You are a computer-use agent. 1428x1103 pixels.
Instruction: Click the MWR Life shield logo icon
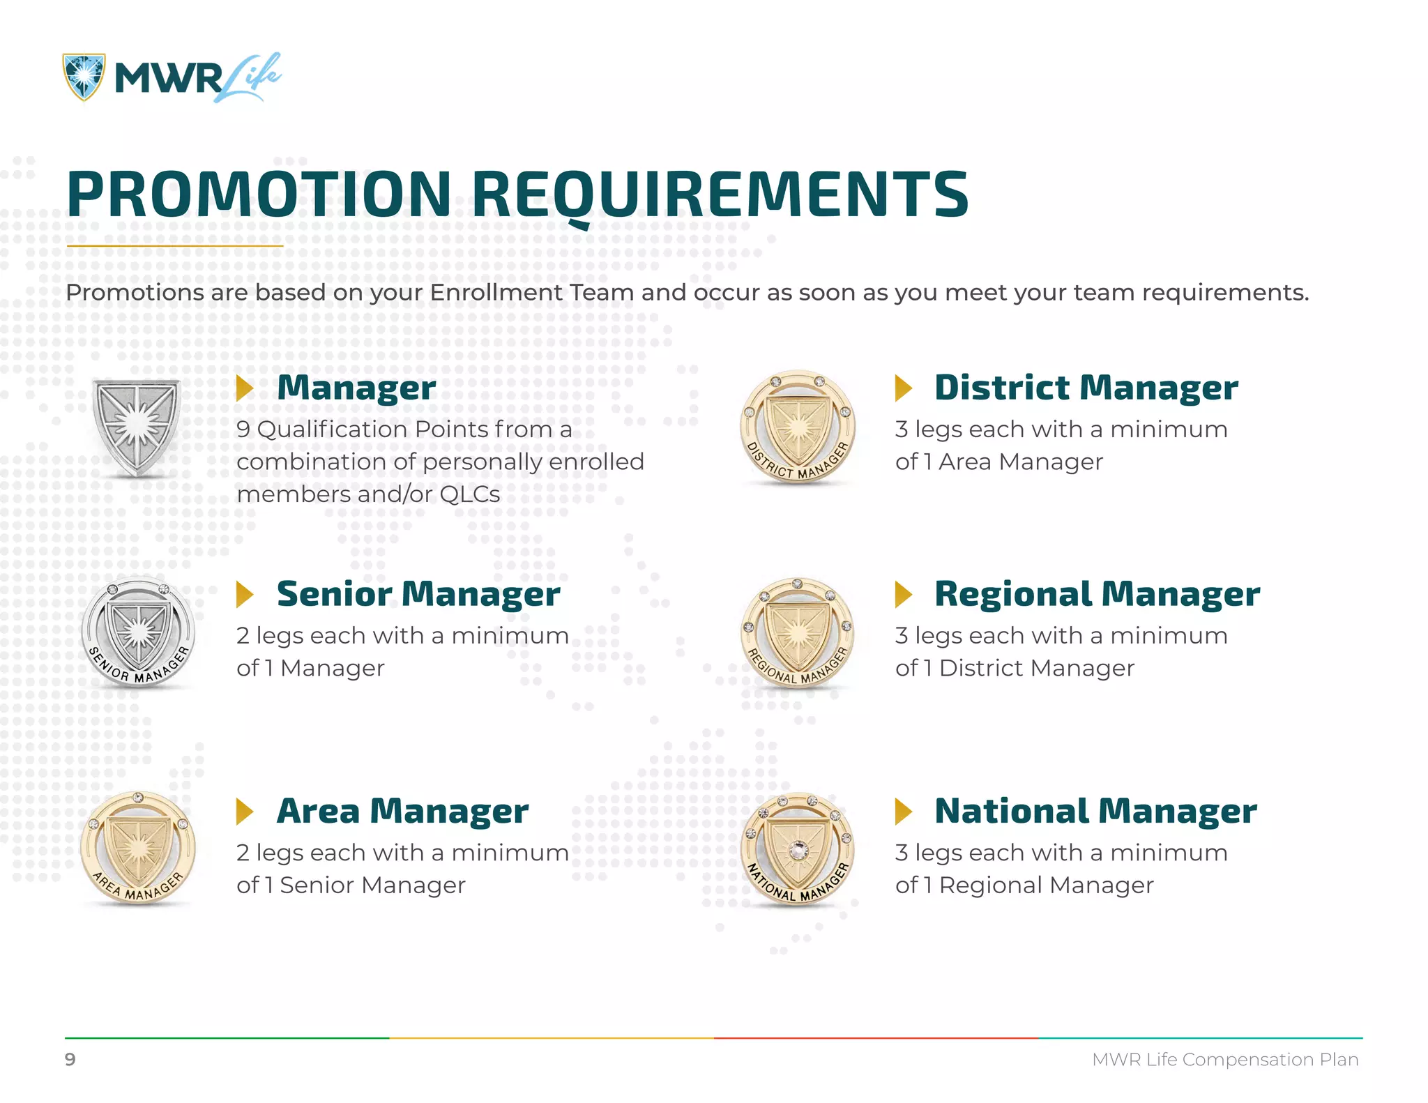click(x=84, y=77)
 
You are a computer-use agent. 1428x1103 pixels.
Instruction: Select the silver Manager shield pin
click(x=137, y=427)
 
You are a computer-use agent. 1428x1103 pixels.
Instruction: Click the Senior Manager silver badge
click(x=138, y=633)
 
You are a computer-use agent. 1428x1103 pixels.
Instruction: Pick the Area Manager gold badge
click(x=138, y=848)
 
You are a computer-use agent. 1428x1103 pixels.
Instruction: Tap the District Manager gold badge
click(x=797, y=427)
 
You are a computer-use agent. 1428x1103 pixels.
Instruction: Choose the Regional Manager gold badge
click(x=797, y=633)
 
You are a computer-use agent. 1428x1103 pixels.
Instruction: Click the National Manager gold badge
click(x=797, y=849)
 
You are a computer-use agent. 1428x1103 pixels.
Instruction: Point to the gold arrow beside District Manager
click(x=903, y=388)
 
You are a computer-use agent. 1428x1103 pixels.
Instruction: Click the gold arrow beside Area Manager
click(x=244, y=811)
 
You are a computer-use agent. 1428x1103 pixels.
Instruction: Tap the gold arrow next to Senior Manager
click(x=244, y=594)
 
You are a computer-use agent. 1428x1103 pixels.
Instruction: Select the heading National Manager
click(x=1095, y=811)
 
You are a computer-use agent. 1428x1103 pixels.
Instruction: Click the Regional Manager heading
click(x=1097, y=594)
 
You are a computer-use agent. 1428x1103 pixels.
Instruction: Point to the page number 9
click(x=70, y=1060)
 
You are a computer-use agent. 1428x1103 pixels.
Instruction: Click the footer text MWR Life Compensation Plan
click(x=1225, y=1060)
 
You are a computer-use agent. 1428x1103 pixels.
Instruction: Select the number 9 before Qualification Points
click(x=243, y=429)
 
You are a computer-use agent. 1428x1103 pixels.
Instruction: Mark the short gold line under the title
click(x=174, y=246)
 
